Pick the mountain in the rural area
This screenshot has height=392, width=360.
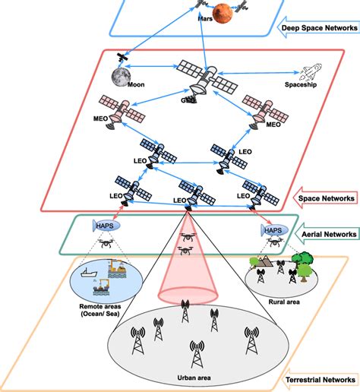[261, 264]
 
